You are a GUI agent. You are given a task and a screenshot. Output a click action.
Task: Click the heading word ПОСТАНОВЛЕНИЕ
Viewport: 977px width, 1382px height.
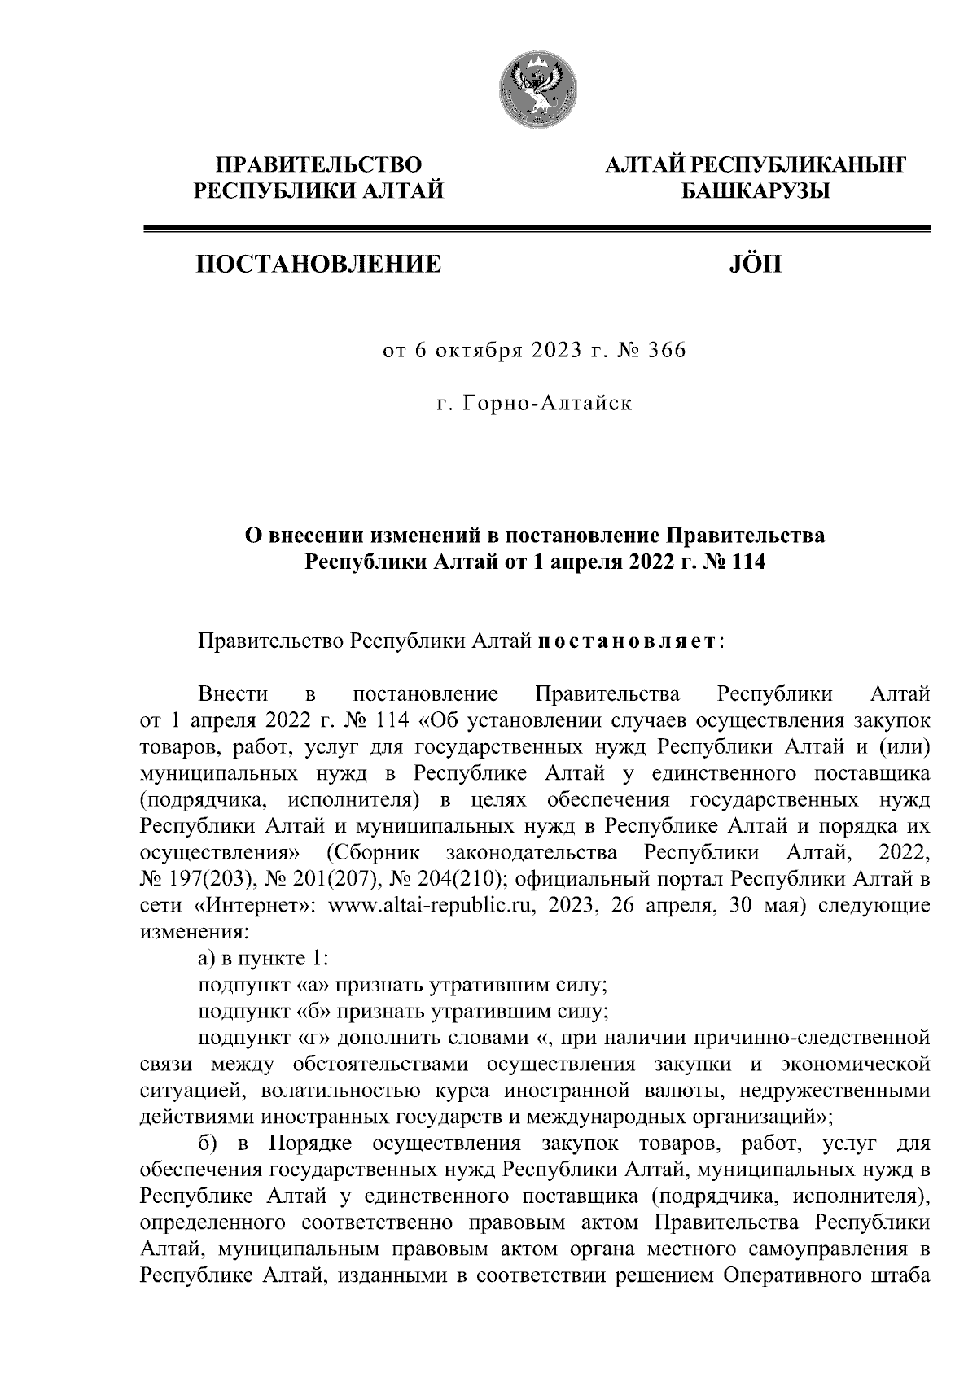[x=318, y=264]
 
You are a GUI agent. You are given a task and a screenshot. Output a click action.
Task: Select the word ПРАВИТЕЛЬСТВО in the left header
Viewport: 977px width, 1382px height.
[x=318, y=165]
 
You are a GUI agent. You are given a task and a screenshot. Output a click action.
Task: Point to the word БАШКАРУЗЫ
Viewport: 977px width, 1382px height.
[x=754, y=192]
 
